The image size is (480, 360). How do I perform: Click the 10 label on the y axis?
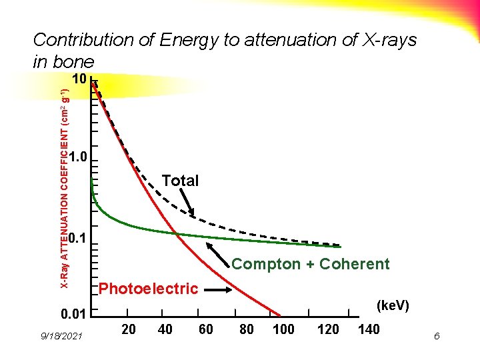tap(79, 80)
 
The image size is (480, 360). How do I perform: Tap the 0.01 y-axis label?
tap(75, 314)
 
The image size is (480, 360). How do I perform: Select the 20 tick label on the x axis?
tap(129, 329)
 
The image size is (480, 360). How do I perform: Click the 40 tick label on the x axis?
tap(166, 329)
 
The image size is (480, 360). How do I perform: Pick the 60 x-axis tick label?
tap(205, 329)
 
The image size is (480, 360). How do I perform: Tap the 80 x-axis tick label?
tap(246, 329)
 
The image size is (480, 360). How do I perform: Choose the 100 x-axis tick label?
tap(283, 329)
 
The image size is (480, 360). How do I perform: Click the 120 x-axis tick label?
tap(327, 329)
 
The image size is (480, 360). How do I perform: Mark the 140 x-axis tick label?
tap(369, 329)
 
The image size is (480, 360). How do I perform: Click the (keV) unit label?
tap(393, 305)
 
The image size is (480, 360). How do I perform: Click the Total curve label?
tap(180, 181)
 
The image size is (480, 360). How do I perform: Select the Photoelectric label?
tap(148, 289)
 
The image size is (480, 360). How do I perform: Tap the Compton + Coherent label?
tap(310, 264)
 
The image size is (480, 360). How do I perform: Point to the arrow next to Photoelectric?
tap(217, 290)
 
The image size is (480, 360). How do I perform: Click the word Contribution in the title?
tap(83, 40)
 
